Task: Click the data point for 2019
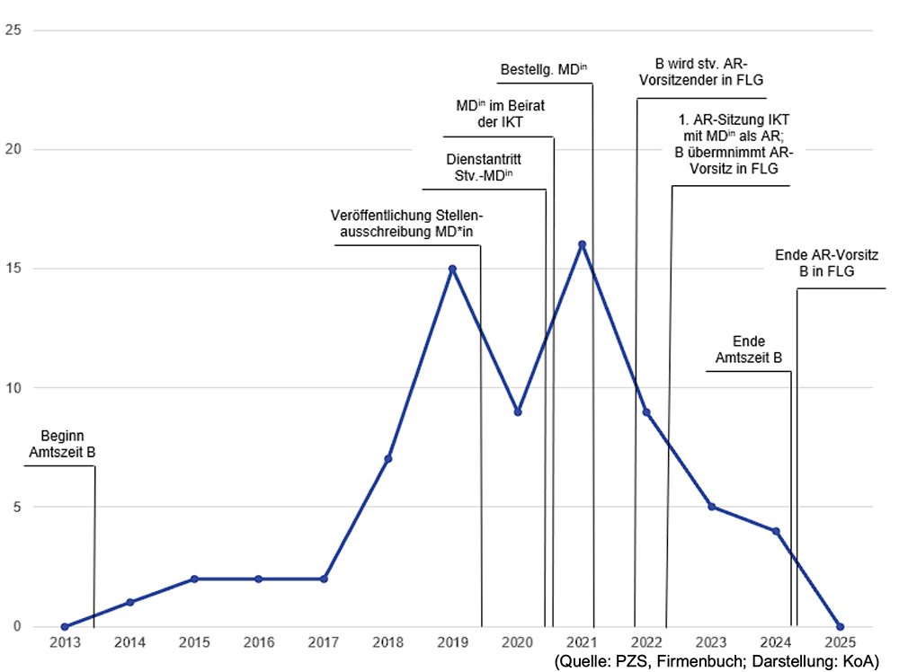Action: click(452, 269)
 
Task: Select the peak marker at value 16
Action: click(582, 244)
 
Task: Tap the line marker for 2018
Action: click(387, 459)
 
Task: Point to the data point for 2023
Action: click(711, 507)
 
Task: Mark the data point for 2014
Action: click(129, 602)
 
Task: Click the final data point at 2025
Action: click(840, 626)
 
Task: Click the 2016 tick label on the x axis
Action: click(259, 642)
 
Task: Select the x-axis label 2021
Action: click(582, 642)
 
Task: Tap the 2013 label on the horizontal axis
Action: click(65, 642)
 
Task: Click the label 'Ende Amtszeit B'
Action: click(748, 349)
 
